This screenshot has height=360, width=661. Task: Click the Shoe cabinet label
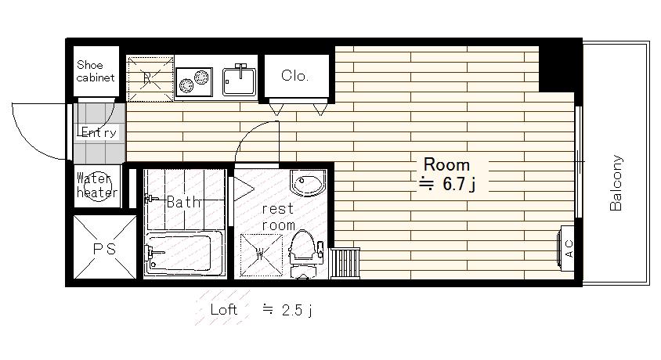pos(96,71)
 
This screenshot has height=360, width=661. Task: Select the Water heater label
pos(97,185)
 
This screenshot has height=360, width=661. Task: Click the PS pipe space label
pos(104,249)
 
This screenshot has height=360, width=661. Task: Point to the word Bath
pos(184,202)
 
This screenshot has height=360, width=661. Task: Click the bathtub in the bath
pos(183,253)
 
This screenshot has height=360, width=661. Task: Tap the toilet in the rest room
pos(303,254)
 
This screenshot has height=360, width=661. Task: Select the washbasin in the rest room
pos(308,182)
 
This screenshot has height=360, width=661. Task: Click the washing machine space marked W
pos(261,254)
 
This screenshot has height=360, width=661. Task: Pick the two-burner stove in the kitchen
pos(194,81)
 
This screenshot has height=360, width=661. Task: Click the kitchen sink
pos(240,80)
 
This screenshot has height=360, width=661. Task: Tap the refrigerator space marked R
pos(150,79)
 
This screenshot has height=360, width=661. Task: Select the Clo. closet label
pos(294,76)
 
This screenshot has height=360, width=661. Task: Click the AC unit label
pos(569,248)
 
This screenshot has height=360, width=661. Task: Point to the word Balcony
pos(616,182)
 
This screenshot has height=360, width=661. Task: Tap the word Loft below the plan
pos(224,310)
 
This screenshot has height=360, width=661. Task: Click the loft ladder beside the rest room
pos(345,263)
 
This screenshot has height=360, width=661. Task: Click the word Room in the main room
pos(446,164)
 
